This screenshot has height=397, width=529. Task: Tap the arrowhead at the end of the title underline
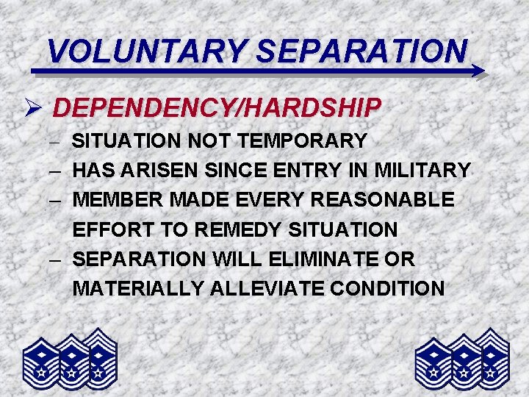coord(477,71)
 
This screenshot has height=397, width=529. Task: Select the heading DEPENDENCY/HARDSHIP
coord(217,108)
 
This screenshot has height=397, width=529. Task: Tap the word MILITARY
coord(422,171)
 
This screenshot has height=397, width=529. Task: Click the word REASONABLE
coord(384,200)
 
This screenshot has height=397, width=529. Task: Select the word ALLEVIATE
coord(266,289)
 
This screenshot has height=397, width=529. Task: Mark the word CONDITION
coord(387,289)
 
